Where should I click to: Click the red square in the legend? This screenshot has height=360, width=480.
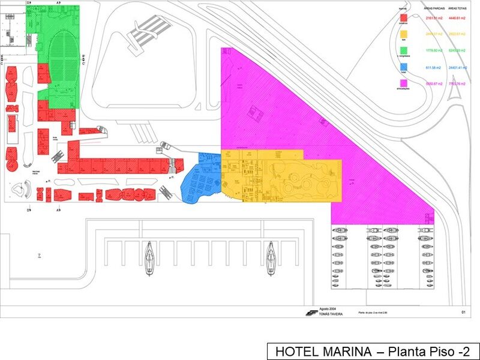tap(405, 18)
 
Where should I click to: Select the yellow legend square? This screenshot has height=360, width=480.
tap(405, 34)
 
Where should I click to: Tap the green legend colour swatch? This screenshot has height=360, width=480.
tap(405, 51)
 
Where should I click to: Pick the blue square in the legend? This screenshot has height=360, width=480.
tap(405, 67)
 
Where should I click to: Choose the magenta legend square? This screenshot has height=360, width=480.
tap(405, 84)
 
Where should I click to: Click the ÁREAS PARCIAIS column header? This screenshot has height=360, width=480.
tap(433, 9)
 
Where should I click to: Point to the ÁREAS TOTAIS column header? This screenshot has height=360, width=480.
tap(458, 9)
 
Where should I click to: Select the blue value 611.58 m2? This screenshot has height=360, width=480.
tap(433, 68)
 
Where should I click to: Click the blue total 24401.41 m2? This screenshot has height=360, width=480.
tap(458, 68)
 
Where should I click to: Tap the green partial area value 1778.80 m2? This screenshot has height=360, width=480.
tap(433, 51)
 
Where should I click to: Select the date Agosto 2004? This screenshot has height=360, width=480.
tap(328, 308)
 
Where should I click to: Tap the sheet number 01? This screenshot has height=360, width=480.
tap(463, 313)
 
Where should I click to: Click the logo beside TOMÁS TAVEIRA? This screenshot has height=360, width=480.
tap(311, 312)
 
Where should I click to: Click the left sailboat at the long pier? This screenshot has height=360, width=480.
tap(149, 259)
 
